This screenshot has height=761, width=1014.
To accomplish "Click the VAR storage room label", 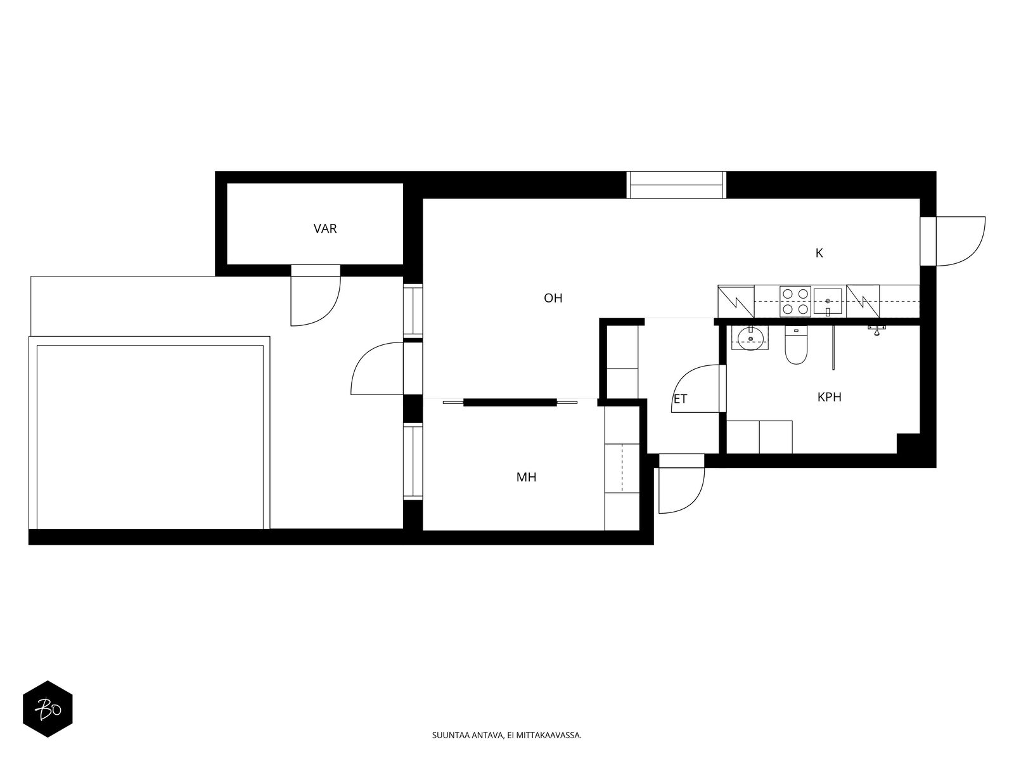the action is tap(324, 228).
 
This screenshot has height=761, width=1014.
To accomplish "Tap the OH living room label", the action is tap(553, 298).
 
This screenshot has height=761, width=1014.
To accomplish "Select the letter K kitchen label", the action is tap(819, 253).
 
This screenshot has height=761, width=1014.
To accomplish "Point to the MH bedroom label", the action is tap(526, 477).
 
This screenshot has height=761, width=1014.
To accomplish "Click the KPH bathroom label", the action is tap(829, 397).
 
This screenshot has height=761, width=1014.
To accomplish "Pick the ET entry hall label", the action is tap(681, 399).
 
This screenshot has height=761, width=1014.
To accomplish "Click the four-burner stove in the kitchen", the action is tap(795, 301).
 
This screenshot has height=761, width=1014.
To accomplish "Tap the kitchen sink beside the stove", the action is tap(828, 302).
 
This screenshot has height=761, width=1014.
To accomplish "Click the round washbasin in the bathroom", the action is tap(750, 338).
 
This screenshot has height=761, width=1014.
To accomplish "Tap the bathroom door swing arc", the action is tap(696, 388).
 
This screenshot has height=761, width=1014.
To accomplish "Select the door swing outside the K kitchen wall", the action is tap(961, 241).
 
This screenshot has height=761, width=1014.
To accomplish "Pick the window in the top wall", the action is tap(676, 185).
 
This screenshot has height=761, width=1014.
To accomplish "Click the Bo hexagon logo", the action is tap(48, 709).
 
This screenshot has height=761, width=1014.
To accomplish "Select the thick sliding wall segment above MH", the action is tap(510, 403).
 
